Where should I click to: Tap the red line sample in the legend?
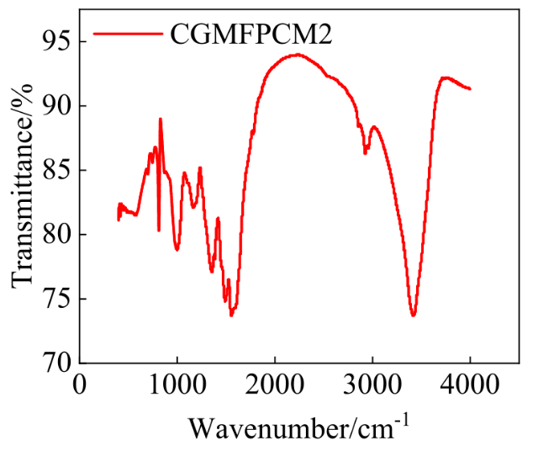click(126, 34)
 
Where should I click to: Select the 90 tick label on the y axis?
click(56, 106)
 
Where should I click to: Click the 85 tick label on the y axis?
click(56, 171)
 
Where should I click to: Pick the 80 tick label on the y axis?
click(56, 235)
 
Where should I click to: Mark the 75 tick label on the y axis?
click(56, 300)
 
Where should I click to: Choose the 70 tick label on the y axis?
click(56, 363)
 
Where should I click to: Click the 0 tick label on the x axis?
click(80, 385)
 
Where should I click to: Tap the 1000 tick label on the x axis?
click(177, 385)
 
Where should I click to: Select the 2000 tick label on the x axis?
click(275, 385)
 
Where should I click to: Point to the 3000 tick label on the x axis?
click(372, 385)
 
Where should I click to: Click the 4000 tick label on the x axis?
click(470, 385)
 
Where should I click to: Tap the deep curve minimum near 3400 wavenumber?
click(413, 316)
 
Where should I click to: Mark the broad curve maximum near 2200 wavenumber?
click(297, 55)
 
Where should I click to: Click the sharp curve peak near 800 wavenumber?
click(160, 119)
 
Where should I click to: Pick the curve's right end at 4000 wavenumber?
click(470, 88)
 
